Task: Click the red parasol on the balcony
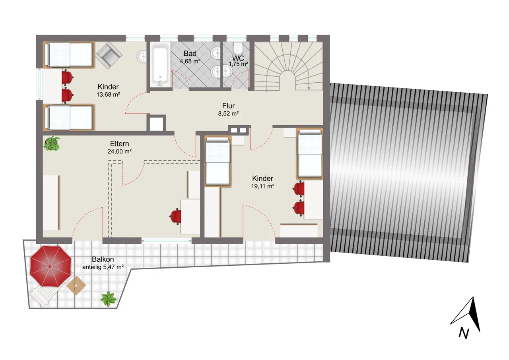51,266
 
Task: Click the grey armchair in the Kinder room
109,55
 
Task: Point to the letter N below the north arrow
464,333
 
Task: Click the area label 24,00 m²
120,152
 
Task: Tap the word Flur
228,106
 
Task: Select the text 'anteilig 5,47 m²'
103,267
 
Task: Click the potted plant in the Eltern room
52,144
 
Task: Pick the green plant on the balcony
109,299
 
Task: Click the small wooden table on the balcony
76,285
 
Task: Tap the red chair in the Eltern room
175,216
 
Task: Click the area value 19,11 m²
263,186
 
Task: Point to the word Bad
190,54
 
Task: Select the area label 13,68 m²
108,94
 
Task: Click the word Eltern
120,144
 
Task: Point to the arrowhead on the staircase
309,88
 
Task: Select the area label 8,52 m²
228,113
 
